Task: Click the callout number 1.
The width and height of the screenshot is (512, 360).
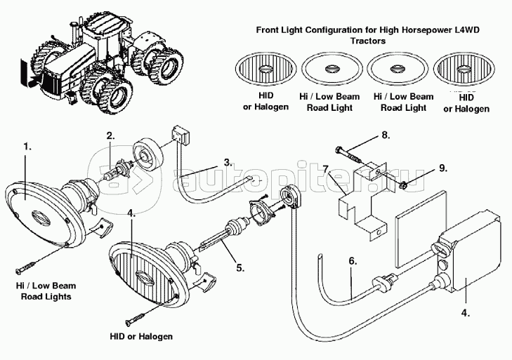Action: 27,147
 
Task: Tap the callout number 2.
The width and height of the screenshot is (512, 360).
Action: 110,135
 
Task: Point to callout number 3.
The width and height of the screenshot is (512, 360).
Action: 228,162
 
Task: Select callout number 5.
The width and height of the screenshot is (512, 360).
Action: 239,267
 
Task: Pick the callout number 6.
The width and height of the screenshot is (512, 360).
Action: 353,260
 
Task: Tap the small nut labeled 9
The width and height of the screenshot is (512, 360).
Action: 405,185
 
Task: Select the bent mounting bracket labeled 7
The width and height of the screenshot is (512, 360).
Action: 359,202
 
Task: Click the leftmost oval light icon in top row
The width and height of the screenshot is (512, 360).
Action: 270,71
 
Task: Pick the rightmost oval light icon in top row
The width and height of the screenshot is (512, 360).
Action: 461,71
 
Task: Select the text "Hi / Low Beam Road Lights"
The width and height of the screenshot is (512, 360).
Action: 46,291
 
